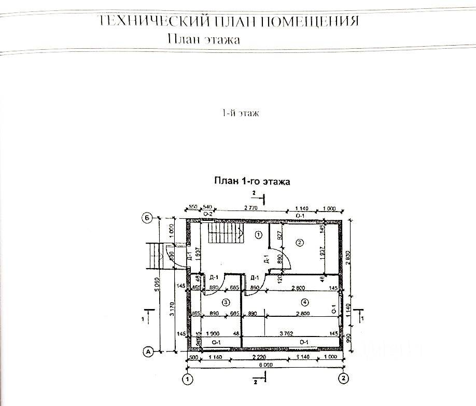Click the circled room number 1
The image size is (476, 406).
258,235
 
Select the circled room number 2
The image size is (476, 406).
299,242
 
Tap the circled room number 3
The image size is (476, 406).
226,301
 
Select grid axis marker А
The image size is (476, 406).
148,352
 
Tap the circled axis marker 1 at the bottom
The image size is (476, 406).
187,379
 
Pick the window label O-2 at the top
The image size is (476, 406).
208,214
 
